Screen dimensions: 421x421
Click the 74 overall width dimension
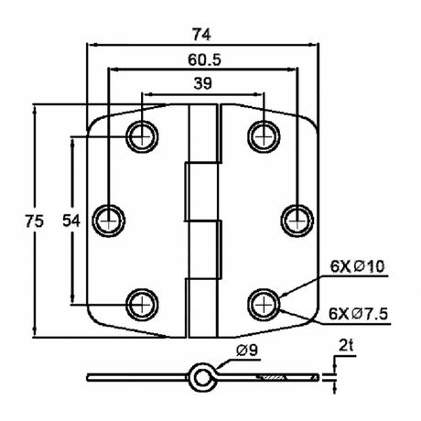201,34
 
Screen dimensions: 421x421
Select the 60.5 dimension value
204,59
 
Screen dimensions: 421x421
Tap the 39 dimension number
202,83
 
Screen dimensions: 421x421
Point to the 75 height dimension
34,221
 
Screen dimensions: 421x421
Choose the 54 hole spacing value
71,221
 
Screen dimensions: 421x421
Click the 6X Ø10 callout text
357,266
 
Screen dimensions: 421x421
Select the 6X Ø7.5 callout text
358,314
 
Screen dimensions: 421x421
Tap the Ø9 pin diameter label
247,351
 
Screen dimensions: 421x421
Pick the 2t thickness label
346,346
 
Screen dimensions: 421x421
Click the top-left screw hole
143,136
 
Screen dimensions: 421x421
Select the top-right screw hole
264,136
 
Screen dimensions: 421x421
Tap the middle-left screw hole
109,221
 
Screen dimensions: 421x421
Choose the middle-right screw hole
297,221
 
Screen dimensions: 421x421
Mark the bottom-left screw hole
143,304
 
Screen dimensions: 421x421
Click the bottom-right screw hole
264,304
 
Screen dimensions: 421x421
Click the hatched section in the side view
272,378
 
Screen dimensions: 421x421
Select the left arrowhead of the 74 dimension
91,45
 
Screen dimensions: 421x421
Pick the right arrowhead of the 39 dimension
260,93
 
